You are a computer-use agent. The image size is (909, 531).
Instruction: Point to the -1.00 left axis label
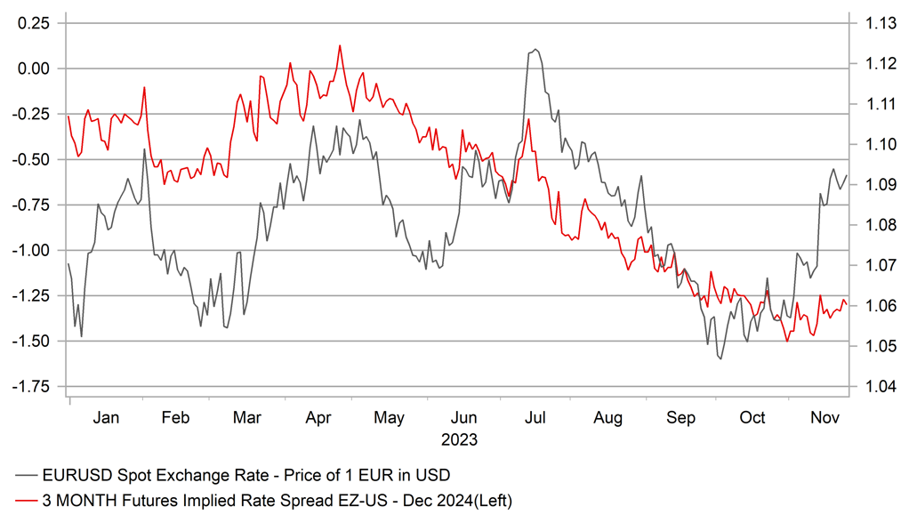[33, 250]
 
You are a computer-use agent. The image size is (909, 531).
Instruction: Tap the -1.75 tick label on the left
[33, 386]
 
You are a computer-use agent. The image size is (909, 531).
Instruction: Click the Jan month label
[106, 418]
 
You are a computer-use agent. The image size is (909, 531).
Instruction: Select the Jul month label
[535, 418]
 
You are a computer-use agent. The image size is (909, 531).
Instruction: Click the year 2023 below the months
[459, 439]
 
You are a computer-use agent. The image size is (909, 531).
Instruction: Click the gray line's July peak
[535, 50]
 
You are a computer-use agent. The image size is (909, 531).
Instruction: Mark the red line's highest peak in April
[340, 45]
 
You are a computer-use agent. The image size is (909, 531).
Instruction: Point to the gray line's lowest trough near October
[720, 358]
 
